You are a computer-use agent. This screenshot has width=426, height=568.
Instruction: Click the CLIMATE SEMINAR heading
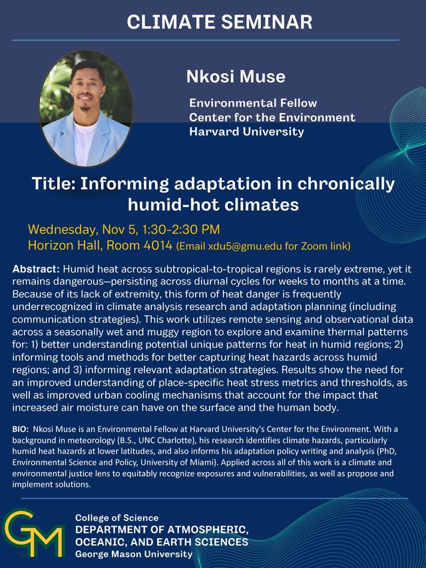pyautogui.click(x=219, y=22)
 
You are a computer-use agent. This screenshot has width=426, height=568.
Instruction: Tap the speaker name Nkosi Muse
pyautogui.click(x=236, y=77)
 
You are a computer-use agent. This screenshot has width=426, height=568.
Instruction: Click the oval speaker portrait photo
pyautogui.click(x=86, y=108)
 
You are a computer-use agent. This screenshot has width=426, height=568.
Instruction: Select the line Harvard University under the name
pyautogui.click(x=246, y=132)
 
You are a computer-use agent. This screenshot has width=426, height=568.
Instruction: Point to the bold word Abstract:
pyautogui.click(x=36, y=269)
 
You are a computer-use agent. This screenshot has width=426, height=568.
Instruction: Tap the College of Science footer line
pyautogui.click(x=116, y=518)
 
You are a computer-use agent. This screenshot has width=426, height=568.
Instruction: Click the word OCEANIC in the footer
pyautogui.click(x=101, y=542)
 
